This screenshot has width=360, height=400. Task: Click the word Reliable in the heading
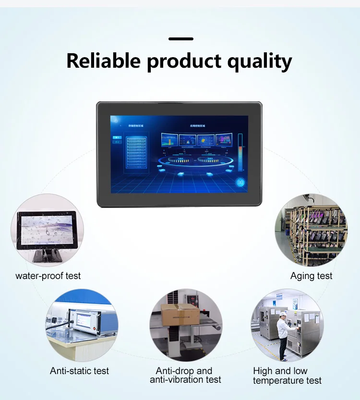coord(103,61)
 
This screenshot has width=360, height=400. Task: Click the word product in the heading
coord(183,62)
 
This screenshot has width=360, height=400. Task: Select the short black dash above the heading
coord(181,39)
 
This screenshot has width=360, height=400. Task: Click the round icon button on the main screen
coord(240,182)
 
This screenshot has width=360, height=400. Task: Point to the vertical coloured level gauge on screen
coord(240,152)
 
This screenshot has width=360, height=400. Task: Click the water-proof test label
coord(48,276)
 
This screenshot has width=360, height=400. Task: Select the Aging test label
coord(311,276)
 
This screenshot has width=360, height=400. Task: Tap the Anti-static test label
coord(79,371)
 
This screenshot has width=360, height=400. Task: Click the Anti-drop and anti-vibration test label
coord(185,376)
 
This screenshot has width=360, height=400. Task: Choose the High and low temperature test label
coord(287,376)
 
